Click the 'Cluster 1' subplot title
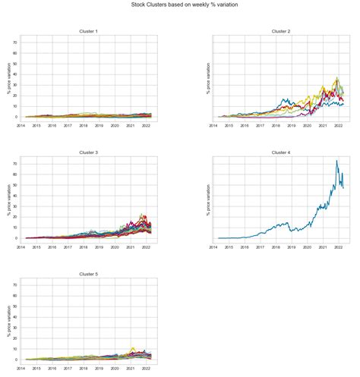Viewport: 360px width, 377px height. pyautogui.click(x=88, y=31)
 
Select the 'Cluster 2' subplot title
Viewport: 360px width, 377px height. pyautogui.click(x=281, y=31)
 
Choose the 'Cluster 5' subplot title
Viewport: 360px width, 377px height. pyautogui.click(x=88, y=274)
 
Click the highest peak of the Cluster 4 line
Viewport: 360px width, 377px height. pyautogui.click(x=336, y=161)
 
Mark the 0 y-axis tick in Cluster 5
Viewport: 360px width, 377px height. pyautogui.click(x=17, y=360)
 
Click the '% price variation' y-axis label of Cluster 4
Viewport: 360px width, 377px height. pyautogui.click(x=208, y=199)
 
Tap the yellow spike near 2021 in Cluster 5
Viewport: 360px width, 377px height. pyautogui.click(x=133, y=347)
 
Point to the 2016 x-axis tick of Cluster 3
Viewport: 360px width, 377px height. pyautogui.click(x=52, y=247)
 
